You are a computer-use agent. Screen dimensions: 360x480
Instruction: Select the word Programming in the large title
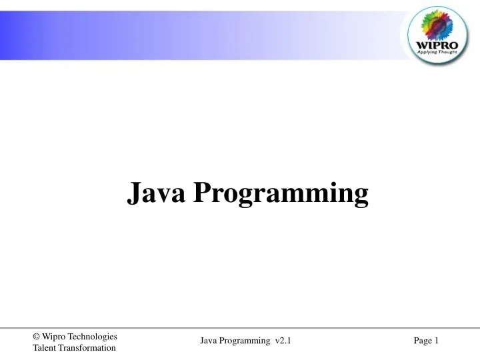(281, 195)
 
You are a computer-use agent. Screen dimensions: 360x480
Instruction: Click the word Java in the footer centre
(209, 341)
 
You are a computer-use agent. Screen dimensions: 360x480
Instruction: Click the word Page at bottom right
(423, 341)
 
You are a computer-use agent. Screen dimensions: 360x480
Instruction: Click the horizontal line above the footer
(240, 328)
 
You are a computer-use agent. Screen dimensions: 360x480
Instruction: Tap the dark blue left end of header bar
(10, 30)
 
